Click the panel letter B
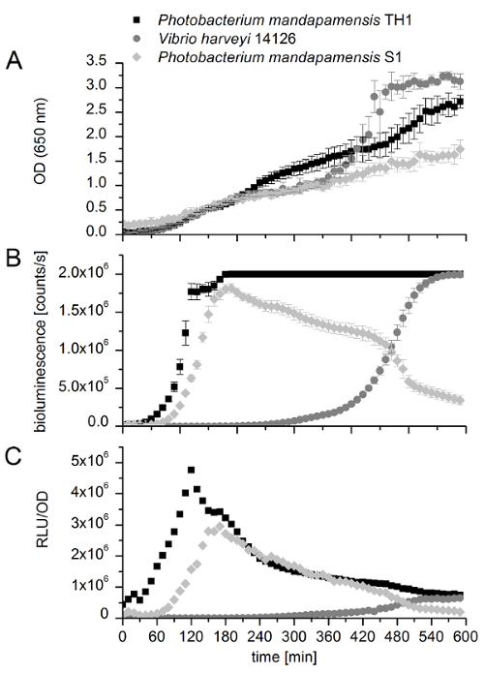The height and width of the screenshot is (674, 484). click(x=14, y=257)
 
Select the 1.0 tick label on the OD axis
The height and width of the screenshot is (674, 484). click(x=98, y=185)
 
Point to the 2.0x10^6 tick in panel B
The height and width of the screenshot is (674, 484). click(x=86, y=274)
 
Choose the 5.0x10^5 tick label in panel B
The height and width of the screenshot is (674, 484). click(x=86, y=386)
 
